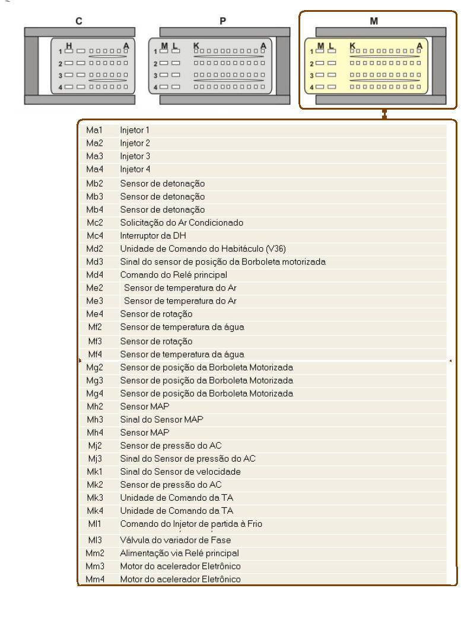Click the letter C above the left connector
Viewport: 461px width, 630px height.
tap(78, 21)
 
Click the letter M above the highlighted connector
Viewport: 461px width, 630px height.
tap(374, 21)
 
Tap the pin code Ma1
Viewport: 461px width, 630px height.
tap(94, 130)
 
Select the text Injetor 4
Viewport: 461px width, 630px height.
tap(135, 170)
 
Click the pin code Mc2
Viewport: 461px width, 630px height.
tap(94, 223)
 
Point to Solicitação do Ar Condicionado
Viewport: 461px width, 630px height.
tap(182, 223)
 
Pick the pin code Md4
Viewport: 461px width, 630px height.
tap(94, 275)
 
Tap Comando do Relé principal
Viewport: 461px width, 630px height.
tap(174, 275)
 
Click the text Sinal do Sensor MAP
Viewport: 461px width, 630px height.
tap(162, 420)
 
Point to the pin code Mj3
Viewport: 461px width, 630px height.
tap(94, 459)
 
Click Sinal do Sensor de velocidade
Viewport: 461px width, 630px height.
tap(180, 472)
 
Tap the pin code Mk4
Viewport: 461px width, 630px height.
tap(94, 511)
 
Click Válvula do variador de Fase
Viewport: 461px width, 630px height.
tap(176, 540)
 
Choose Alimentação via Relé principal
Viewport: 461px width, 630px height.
tap(180, 553)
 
